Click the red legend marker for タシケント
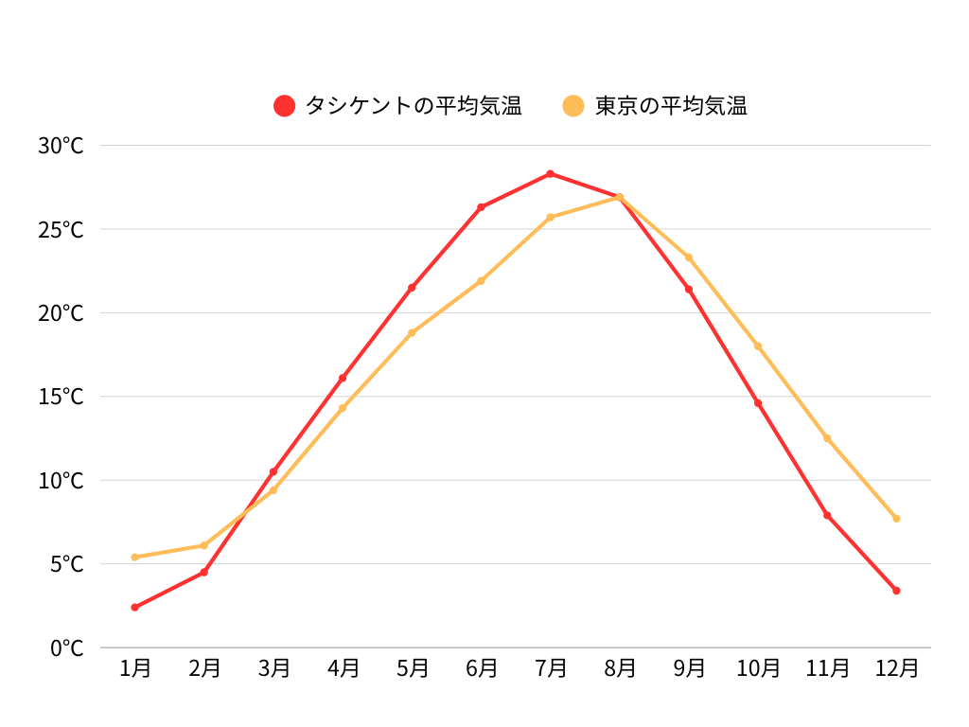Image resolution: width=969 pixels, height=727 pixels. (x=285, y=106)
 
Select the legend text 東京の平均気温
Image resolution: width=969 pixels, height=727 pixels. (x=671, y=106)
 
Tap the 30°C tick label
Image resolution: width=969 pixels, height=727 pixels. (x=61, y=146)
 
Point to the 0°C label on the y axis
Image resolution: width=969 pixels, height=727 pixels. (x=66, y=648)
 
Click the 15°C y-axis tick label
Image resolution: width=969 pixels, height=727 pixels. (x=61, y=397)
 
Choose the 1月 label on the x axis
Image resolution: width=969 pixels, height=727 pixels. (x=135, y=668)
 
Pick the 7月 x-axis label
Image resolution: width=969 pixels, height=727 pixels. (x=551, y=668)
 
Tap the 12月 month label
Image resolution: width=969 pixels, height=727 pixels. (x=896, y=668)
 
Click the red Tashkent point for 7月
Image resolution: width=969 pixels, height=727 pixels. (x=550, y=173)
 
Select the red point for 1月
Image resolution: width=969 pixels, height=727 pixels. (x=134, y=607)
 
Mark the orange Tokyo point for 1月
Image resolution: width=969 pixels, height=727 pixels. (x=134, y=557)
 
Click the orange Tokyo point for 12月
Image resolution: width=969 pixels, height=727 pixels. (x=896, y=518)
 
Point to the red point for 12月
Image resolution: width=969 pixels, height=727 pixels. (x=896, y=591)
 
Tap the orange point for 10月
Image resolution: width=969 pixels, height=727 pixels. (x=758, y=346)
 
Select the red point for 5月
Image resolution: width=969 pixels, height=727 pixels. (x=412, y=288)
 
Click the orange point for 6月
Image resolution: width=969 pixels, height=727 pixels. (x=481, y=280)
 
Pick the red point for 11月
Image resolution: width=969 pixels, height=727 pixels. (x=827, y=515)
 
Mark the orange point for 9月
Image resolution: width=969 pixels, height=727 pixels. (x=689, y=257)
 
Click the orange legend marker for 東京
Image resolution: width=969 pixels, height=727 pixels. (x=574, y=106)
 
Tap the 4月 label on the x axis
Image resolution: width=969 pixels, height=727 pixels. (x=343, y=668)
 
